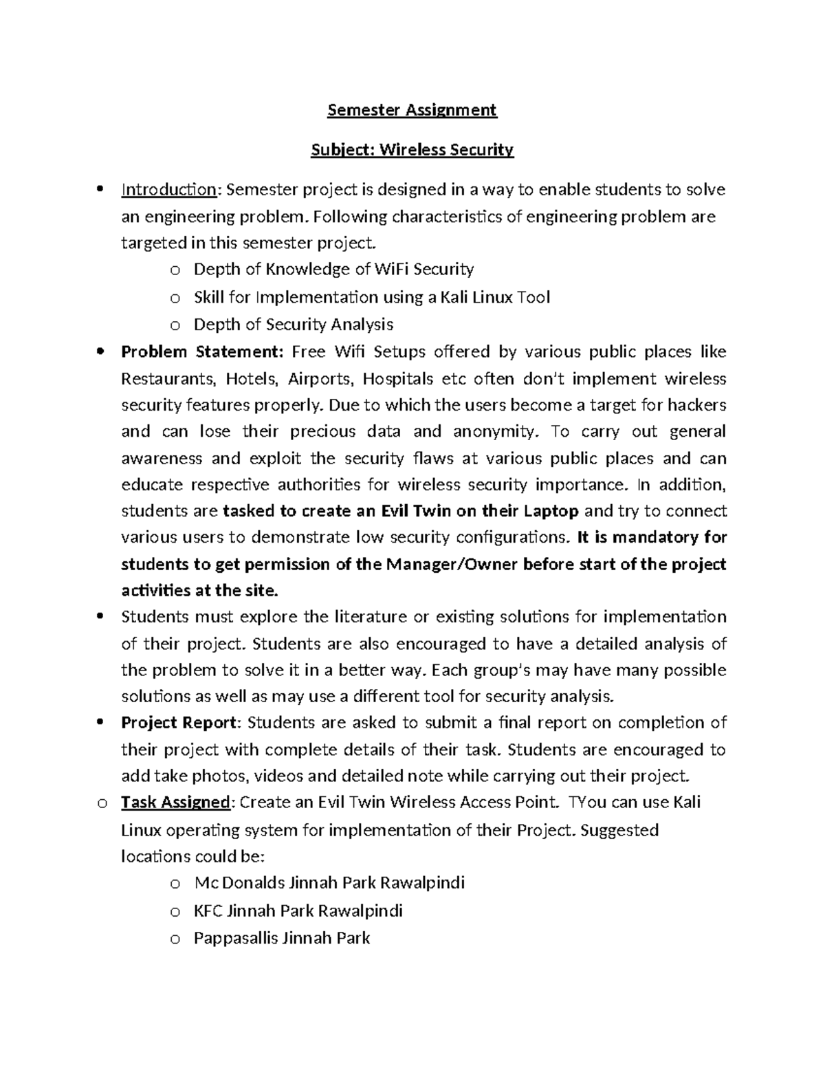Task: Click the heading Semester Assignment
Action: point(412,110)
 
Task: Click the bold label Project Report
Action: point(180,723)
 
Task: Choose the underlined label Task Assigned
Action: point(175,803)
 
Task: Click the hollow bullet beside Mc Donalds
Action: point(175,884)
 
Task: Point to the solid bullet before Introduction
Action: point(101,189)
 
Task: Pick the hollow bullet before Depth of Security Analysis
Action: point(175,326)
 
